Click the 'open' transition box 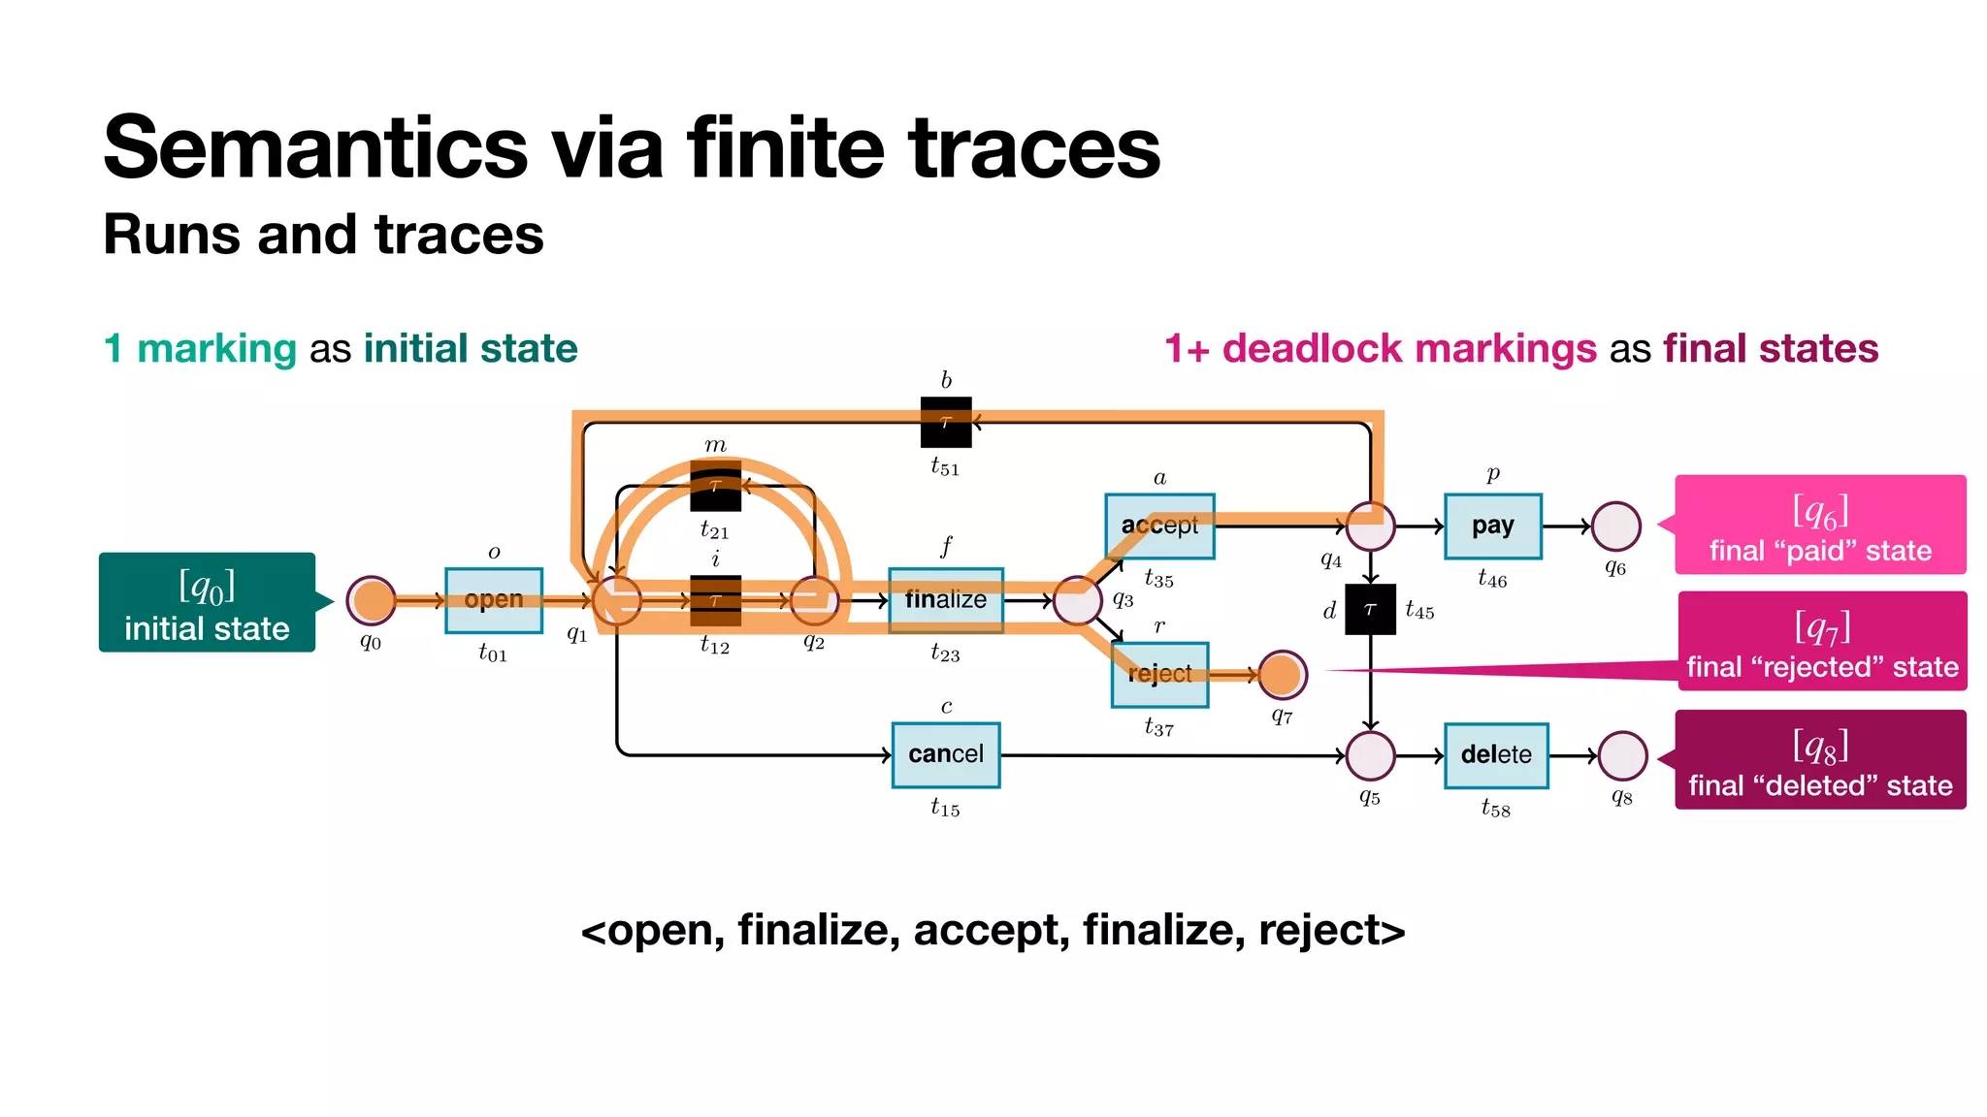click(493, 600)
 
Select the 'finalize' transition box click(945, 600)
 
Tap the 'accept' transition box click(1159, 526)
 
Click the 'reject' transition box click(1159, 674)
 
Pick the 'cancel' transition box click(946, 754)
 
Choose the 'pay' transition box click(1492, 526)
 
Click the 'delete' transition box click(1495, 755)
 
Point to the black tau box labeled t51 click(946, 422)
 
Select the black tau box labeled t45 click(1370, 609)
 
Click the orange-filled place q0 click(372, 601)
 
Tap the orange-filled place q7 click(1282, 675)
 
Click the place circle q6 click(1616, 527)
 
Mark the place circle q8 click(1622, 756)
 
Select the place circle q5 click(1370, 756)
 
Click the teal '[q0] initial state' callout click(207, 602)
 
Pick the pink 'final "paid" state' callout click(1820, 525)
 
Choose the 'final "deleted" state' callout click(1820, 759)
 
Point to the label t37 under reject click(1158, 727)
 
